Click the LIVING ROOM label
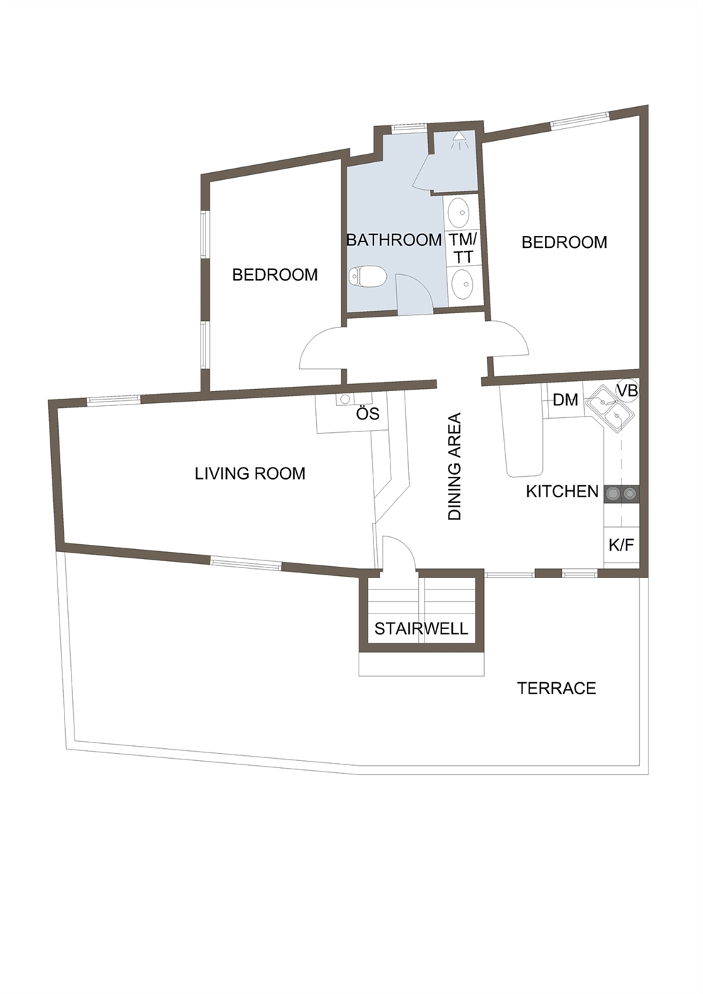[x=250, y=474]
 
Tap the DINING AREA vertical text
[x=455, y=466]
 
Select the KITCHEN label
[x=562, y=492]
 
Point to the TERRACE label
[x=556, y=688]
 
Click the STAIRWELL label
[x=421, y=628]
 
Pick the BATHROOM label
[x=393, y=240]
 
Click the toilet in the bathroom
[x=368, y=277]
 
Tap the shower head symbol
[x=457, y=140]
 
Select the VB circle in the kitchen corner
[x=628, y=391]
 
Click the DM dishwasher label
[x=566, y=400]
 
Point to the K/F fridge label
[x=622, y=546]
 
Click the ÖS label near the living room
[x=369, y=414]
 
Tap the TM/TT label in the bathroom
[x=463, y=248]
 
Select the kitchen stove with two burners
[x=622, y=493]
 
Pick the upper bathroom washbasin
[x=459, y=214]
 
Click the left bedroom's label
[x=275, y=275]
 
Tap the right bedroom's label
[x=564, y=242]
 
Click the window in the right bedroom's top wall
[x=580, y=120]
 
